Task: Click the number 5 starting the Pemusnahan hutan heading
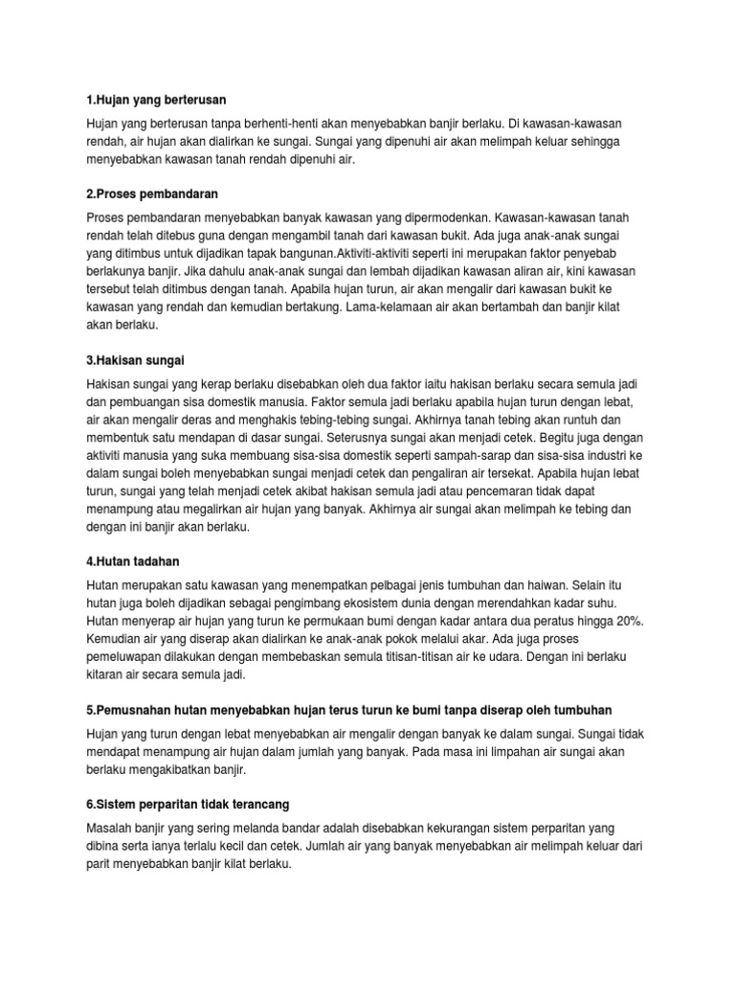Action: (x=89, y=710)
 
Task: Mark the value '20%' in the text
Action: (x=628, y=622)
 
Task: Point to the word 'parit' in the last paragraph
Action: (x=100, y=863)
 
